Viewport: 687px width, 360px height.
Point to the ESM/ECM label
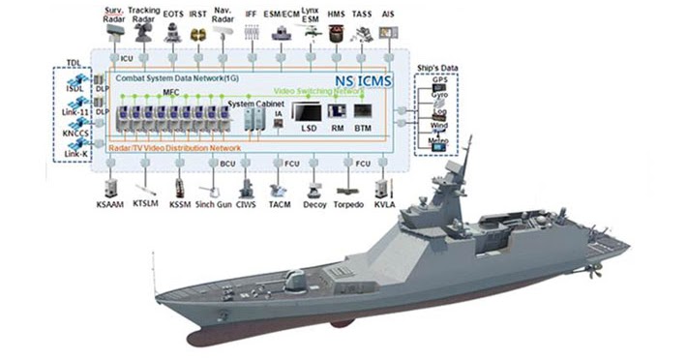point(282,15)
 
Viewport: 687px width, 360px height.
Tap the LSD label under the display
point(309,127)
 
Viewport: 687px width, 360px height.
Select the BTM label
point(363,127)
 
